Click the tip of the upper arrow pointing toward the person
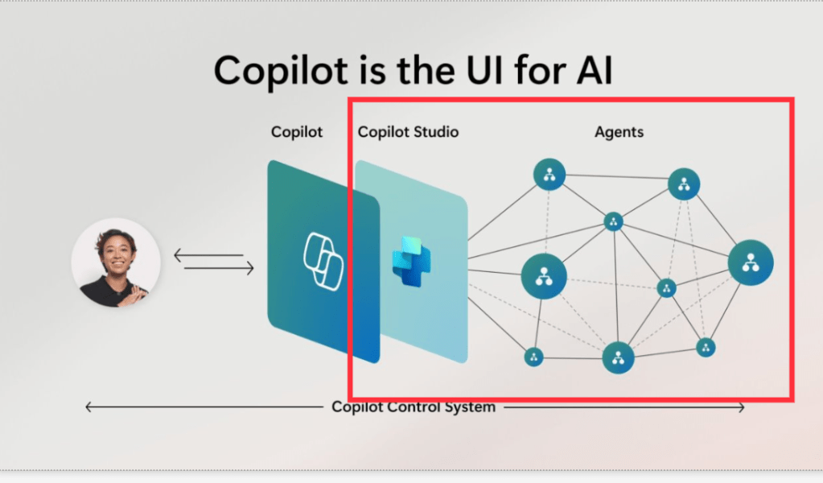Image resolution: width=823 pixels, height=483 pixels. (175, 256)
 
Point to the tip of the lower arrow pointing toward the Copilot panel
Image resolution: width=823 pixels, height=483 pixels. (253, 268)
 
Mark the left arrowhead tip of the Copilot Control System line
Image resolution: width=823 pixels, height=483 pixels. (86, 407)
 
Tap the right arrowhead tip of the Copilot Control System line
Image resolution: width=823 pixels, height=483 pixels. (744, 407)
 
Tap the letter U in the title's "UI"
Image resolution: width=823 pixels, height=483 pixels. (478, 70)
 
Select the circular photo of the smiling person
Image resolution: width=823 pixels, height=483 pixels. (116, 262)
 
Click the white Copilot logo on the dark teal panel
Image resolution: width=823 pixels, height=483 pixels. (323, 261)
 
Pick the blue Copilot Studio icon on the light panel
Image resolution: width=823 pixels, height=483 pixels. (412, 262)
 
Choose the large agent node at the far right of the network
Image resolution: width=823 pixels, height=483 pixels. (751, 262)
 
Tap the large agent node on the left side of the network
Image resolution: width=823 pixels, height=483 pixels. (544, 276)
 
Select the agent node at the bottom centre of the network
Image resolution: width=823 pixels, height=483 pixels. (619, 358)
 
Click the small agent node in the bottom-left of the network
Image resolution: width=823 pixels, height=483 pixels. (534, 357)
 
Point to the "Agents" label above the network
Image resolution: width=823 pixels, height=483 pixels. (619, 132)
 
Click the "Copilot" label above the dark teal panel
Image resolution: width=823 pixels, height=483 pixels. (297, 132)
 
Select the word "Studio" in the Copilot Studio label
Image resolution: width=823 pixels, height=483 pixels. (434, 132)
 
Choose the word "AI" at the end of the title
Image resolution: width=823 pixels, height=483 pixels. (595, 70)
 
